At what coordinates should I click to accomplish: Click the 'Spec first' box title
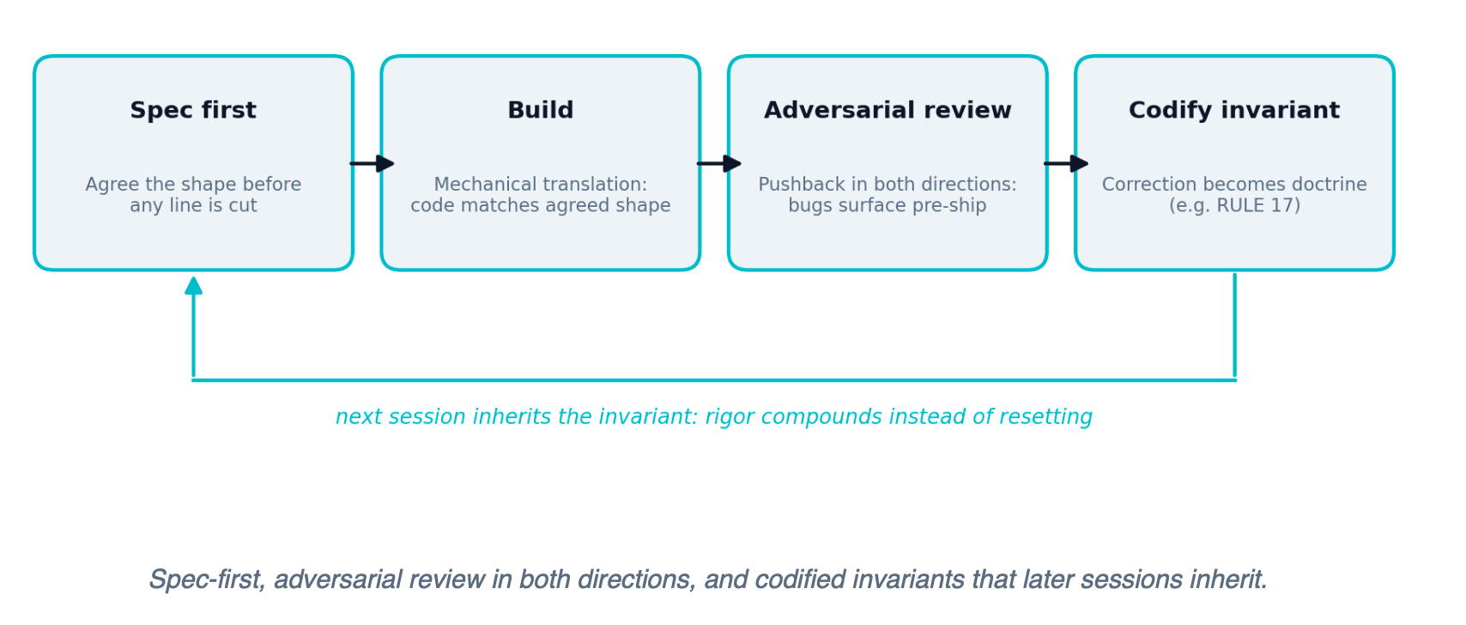193,110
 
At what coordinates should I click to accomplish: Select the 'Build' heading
541,110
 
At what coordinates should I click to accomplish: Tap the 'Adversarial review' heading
887,110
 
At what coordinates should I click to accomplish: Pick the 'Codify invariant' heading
1234,110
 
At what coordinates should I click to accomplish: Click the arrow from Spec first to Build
373,163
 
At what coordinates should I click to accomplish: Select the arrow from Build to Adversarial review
719,163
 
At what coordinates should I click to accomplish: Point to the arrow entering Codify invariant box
1066,163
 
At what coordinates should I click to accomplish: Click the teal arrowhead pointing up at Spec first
193,285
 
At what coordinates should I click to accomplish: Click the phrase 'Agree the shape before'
193,185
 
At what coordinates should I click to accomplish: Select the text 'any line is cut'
193,205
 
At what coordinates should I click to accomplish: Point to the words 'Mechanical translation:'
541,185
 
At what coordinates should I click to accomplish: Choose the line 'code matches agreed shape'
541,205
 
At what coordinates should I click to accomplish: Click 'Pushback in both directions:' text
887,185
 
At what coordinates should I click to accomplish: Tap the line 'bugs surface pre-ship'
887,205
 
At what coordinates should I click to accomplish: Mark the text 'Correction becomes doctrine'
1234,185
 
